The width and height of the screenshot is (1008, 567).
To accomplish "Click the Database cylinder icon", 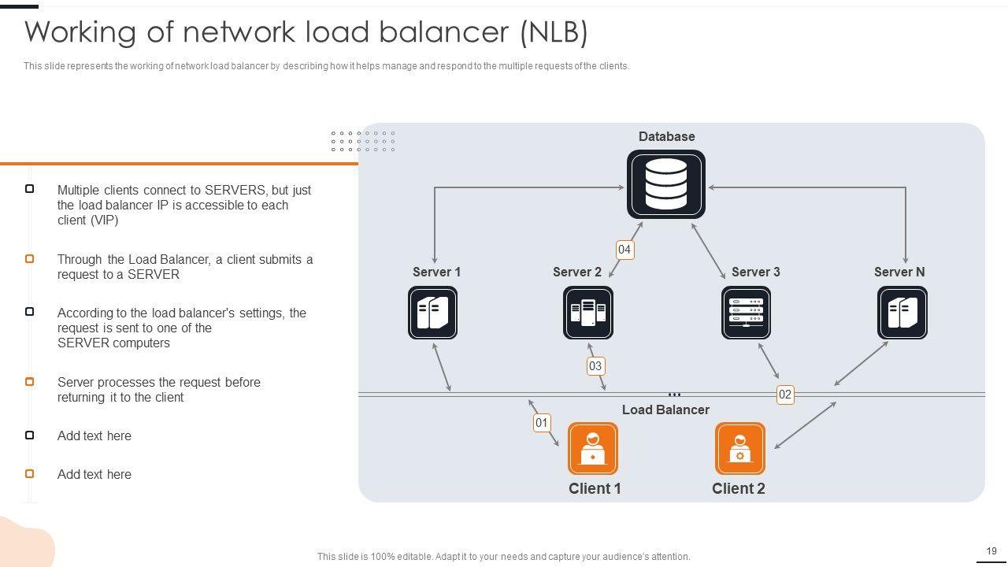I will pos(665,184).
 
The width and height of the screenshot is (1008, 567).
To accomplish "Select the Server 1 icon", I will pos(432,313).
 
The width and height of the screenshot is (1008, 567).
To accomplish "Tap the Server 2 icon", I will pos(588,313).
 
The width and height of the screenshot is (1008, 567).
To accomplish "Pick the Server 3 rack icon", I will pos(746,313).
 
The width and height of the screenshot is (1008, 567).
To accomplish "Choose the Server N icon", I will pos(902,313).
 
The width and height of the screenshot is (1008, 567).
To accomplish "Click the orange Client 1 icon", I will pos(592,448).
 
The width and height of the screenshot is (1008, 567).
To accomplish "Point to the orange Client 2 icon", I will pos(739,448).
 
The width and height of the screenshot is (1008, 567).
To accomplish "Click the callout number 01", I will pos(542,423).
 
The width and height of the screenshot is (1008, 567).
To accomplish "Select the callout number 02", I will pos(785,395).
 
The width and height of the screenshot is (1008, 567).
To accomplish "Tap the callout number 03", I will pos(595,365).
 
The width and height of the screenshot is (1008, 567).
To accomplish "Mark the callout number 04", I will pos(624,250).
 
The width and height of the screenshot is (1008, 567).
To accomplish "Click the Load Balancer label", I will pos(665,409).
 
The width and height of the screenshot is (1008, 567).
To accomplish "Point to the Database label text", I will pos(666,136).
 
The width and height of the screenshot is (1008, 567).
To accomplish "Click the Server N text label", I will pos(899,272).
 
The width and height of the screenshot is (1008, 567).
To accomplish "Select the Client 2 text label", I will pos(739,488).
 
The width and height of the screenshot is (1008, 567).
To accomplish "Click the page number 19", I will pos(991,551).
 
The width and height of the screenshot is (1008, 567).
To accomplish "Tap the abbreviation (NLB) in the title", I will pos(554,32).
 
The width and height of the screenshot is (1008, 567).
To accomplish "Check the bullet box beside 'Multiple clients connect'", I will pos(30,189).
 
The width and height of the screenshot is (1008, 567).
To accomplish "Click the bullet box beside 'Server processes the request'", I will pos(30,382).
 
